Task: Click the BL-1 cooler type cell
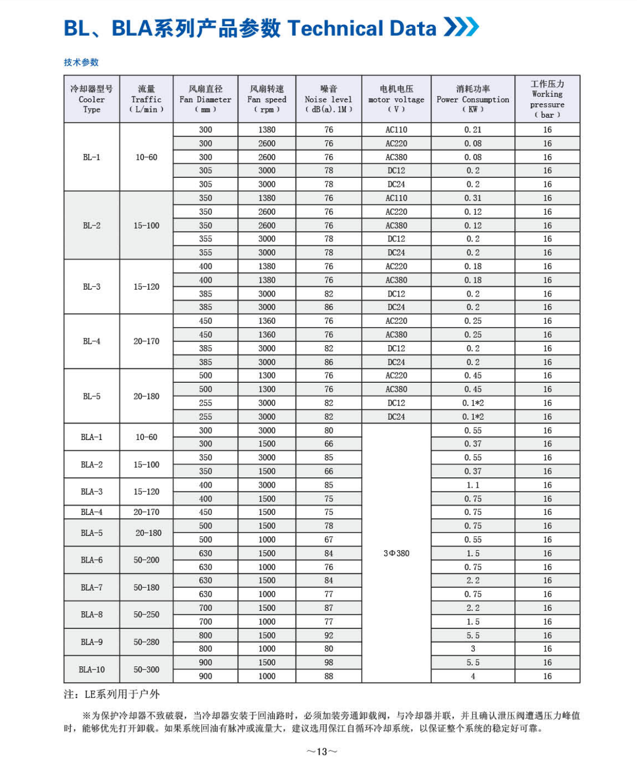tap(92, 157)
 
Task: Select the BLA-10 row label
tap(92, 670)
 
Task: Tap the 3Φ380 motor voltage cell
tap(396, 553)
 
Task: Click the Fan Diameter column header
tap(206, 99)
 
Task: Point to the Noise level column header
tap(329, 99)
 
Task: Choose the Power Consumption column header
tap(473, 99)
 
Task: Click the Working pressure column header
tap(547, 99)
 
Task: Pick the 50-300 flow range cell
tap(146, 670)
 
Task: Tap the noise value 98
tap(329, 663)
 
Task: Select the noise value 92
tap(329, 635)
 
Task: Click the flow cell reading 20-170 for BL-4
tap(146, 342)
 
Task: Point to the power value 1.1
tap(473, 485)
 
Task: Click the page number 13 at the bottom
tap(322, 752)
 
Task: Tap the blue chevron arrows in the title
tap(461, 27)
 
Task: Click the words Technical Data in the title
tap(362, 28)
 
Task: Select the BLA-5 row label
tap(92, 533)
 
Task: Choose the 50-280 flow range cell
tap(146, 642)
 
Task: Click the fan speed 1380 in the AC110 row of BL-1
tap(267, 130)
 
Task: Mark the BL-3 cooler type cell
tap(92, 287)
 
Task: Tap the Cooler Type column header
tap(92, 99)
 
